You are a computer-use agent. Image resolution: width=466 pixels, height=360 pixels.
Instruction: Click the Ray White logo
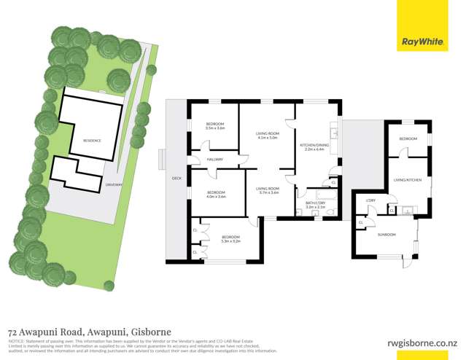tap(422, 43)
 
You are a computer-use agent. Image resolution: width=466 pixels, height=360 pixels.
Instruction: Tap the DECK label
tap(176, 177)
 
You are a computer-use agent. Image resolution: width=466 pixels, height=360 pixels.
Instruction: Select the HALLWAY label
tap(214, 159)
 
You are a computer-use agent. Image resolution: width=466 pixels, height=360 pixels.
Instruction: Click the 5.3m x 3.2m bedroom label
tap(230, 238)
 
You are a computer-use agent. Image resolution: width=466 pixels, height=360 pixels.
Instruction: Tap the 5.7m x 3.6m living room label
tap(267, 190)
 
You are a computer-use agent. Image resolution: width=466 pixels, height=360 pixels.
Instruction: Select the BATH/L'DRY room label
tap(315, 206)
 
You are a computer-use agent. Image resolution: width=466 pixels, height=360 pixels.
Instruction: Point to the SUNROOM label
tap(387, 234)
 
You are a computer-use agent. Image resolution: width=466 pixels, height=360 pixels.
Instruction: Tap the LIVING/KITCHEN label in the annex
tap(407, 179)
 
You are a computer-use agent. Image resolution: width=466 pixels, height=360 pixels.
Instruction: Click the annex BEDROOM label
tap(408, 138)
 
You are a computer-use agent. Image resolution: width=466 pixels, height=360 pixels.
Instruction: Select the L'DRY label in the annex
tap(370, 200)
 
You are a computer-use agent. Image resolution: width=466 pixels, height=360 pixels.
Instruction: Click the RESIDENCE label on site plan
tap(92, 140)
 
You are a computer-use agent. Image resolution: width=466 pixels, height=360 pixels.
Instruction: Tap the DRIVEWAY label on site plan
tap(113, 185)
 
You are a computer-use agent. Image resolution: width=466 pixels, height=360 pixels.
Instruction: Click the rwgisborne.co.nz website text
tap(422, 341)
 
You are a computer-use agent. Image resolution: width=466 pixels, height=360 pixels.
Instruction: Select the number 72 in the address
tap(13, 332)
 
